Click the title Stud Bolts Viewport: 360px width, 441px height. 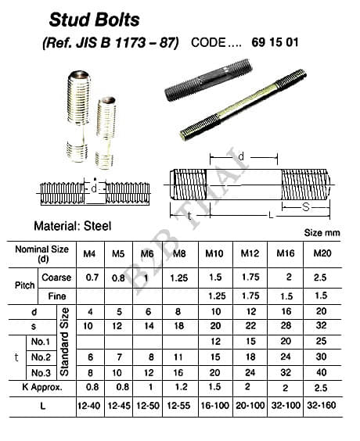click(94, 20)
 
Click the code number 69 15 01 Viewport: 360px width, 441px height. click(275, 42)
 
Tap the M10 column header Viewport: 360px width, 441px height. click(214, 253)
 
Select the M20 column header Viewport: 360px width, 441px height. click(322, 253)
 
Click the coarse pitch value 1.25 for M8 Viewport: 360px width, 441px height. click(179, 278)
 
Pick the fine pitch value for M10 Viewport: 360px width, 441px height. click(217, 296)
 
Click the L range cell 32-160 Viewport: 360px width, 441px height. click(322, 405)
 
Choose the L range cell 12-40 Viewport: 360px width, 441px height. click(88, 406)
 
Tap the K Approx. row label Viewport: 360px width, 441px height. click(42, 387)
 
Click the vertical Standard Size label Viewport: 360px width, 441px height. click(64, 342)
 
